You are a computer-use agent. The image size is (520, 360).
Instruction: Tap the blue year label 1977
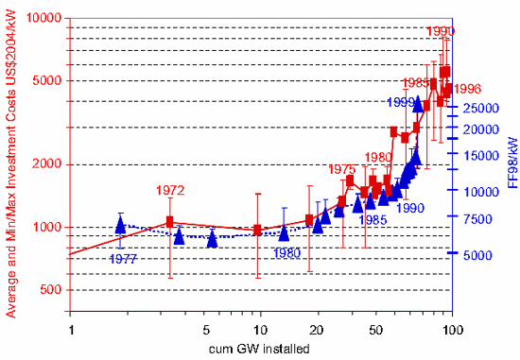click(122, 257)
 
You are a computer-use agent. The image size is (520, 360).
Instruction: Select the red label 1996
click(468, 89)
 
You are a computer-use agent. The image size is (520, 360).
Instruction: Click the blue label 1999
click(402, 101)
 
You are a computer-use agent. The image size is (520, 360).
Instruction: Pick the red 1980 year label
click(378, 157)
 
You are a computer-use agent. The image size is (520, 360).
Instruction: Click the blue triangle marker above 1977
click(120, 225)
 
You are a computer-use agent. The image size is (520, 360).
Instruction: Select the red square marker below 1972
click(169, 222)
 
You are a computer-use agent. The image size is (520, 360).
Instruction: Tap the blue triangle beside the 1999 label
click(418, 104)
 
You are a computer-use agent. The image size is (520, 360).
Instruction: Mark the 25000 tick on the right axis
click(480, 107)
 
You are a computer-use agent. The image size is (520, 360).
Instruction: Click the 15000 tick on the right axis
click(480, 155)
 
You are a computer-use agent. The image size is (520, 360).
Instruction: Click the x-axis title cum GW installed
click(260, 348)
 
